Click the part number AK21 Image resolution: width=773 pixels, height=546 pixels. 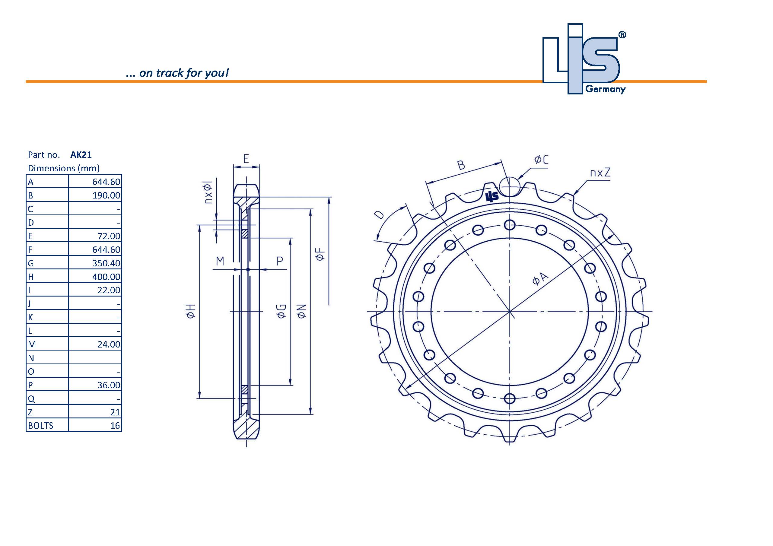(x=81, y=154)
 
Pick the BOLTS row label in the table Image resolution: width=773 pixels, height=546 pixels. (x=41, y=426)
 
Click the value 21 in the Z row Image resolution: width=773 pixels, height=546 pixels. (x=115, y=412)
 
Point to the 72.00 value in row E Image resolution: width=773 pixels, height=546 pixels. (x=108, y=236)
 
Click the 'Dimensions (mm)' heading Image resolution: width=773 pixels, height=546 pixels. (x=64, y=168)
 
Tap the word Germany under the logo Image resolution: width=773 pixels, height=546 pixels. (x=605, y=89)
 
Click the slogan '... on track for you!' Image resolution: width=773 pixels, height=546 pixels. (x=177, y=73)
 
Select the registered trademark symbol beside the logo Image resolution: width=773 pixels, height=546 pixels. (x=622, y=35)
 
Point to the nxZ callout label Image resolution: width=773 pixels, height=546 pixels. (x=600, y=173)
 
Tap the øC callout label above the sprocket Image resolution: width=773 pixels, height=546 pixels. (x=541, y=159)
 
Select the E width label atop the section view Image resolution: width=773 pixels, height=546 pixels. (x=246, y=159)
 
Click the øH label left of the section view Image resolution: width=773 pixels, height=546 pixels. (x=191, y=311)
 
